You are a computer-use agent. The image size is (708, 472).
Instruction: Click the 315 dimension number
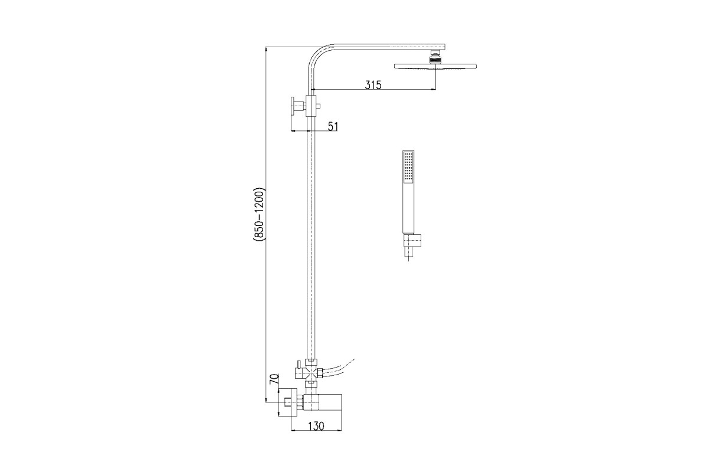point(373,85)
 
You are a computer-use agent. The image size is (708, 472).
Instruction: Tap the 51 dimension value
point(333,126)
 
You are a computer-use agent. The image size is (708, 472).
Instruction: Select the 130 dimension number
point(316,426)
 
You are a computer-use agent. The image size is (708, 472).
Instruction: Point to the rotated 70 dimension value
point(274,379)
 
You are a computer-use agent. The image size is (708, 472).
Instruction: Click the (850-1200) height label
point(259,215)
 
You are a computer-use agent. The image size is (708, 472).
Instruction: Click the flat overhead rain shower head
point(435,67)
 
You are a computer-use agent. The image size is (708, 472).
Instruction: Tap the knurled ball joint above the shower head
point(435,59)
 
